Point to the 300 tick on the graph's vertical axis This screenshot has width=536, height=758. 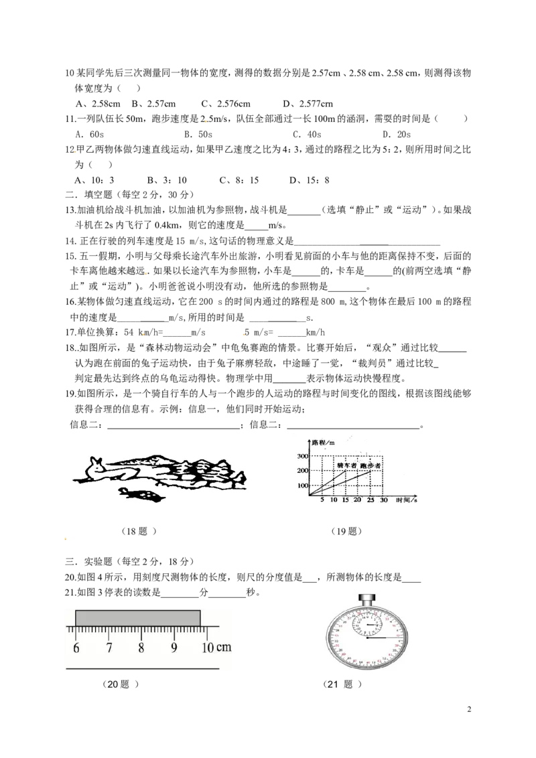[303, 456]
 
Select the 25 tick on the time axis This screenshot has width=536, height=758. [371, 500]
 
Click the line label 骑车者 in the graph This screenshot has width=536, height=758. [346, 465]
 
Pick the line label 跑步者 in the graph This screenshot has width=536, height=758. [371, 465]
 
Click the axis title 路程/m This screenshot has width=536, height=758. [324, 443]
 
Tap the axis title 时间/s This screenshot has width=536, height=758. [406, 500]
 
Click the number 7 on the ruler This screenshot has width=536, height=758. [109, 648]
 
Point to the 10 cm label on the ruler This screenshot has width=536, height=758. [216, 648]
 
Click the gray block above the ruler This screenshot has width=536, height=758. [138, 618]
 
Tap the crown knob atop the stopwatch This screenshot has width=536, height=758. [367, 601]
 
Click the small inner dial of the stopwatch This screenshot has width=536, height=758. [367, 625]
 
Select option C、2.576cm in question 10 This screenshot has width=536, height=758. [225, 103]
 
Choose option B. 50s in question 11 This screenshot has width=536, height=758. [198, 134]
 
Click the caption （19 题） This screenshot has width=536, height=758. [346, 531]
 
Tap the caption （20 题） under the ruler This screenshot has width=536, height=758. [121, 684]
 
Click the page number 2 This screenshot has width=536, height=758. [469, 709]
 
